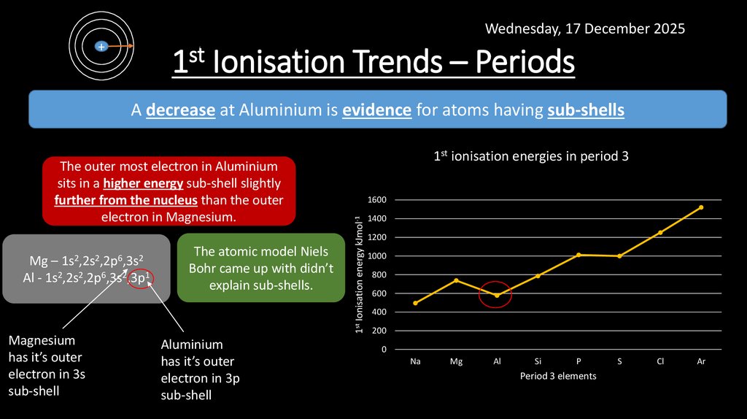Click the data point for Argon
pos(701,207)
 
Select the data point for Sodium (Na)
pos(415,303)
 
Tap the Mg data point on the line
pos(456,280)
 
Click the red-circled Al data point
pos(496,295)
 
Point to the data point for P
pos(578,255)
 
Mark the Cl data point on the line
pos(660,233)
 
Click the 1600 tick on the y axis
pos(376,200)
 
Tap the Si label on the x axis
pos(538,361)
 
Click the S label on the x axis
pos(619,361)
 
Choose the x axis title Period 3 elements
pos(558,376)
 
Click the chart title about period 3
pos(531,156)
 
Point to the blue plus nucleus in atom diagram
pos(101,46)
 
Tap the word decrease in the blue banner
pos(180,110)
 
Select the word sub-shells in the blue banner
pos(586,110)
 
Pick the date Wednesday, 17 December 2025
pos(585,29)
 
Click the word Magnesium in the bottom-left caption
pos(42,341)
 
